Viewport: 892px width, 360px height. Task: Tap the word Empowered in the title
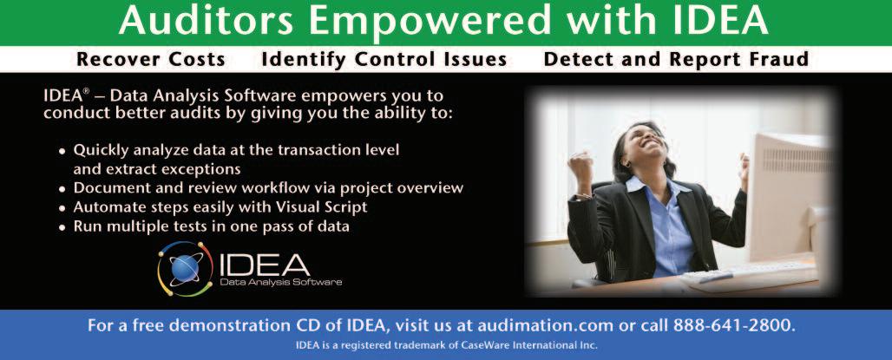coord(430,23)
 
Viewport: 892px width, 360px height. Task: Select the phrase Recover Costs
coord(151,59)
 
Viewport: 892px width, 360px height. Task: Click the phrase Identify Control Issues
coord(384,59)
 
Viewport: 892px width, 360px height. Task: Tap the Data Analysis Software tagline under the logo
coord(280,282)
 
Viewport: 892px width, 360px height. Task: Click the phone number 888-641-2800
coord(734,326)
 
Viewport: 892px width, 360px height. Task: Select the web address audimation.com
coord(546,326)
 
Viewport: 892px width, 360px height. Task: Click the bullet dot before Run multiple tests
coord(62,227)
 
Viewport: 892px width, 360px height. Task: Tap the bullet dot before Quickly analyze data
coord(62,152)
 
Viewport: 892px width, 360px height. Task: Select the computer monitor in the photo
coord(790,199)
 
